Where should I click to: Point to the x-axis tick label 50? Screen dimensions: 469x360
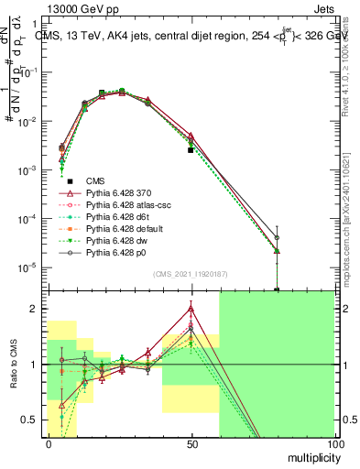191,443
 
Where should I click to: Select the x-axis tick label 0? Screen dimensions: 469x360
48,443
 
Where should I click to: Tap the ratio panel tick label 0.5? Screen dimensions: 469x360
30,420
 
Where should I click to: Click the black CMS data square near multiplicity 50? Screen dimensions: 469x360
191,149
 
